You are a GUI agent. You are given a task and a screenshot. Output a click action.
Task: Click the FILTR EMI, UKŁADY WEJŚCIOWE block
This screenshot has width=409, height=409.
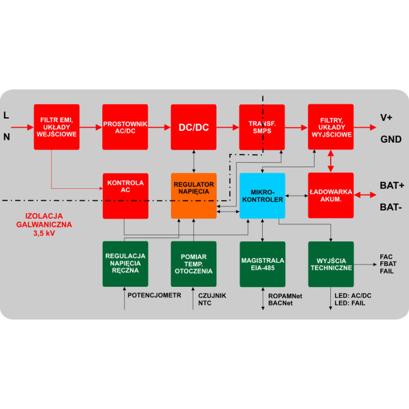tap(57, 127)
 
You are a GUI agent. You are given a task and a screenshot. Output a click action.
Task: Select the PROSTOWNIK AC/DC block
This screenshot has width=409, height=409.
tap(125, 127)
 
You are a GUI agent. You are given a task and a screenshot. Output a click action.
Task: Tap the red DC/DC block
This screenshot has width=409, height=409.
tap(194, 127)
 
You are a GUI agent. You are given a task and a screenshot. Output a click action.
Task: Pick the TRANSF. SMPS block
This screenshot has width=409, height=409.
tap(262, 127)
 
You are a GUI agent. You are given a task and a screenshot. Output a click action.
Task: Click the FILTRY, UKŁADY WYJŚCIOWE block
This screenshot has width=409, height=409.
tap(331, 127)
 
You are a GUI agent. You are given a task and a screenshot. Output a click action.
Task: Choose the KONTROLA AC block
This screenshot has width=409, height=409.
tap(125, 195)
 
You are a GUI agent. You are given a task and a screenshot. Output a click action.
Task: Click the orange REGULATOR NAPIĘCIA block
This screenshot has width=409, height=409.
tap(194, 195)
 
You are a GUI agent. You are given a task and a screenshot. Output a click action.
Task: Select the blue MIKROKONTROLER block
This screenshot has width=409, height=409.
tap(262, 195)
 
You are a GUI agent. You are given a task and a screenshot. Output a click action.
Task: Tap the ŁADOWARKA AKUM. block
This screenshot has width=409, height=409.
tap(331, 195)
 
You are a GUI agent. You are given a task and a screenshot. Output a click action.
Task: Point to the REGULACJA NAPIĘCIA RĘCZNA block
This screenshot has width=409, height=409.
tap(125, 264)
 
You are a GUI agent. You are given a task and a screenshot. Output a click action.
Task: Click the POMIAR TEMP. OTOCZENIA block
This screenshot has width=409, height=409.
tap(194, 264)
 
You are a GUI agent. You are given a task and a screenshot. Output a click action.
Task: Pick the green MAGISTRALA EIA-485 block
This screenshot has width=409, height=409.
tap(262, 264)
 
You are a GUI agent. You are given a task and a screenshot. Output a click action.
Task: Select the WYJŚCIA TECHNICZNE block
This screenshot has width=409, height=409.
tap(331, 264)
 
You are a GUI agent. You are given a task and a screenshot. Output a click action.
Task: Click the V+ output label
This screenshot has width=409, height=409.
tap(386, 118)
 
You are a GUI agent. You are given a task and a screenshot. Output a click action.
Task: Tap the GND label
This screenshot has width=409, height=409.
tap(389, 139)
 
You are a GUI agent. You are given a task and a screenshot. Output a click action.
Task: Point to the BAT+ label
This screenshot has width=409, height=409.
tap(392, 186)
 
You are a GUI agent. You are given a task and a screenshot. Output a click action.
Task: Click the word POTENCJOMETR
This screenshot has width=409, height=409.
tap(154, 295)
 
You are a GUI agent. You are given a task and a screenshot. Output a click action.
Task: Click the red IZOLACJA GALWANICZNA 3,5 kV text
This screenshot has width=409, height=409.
tap(43, 224)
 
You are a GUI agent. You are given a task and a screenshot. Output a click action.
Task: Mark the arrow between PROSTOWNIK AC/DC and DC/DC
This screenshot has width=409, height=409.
tap(160, 127)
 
